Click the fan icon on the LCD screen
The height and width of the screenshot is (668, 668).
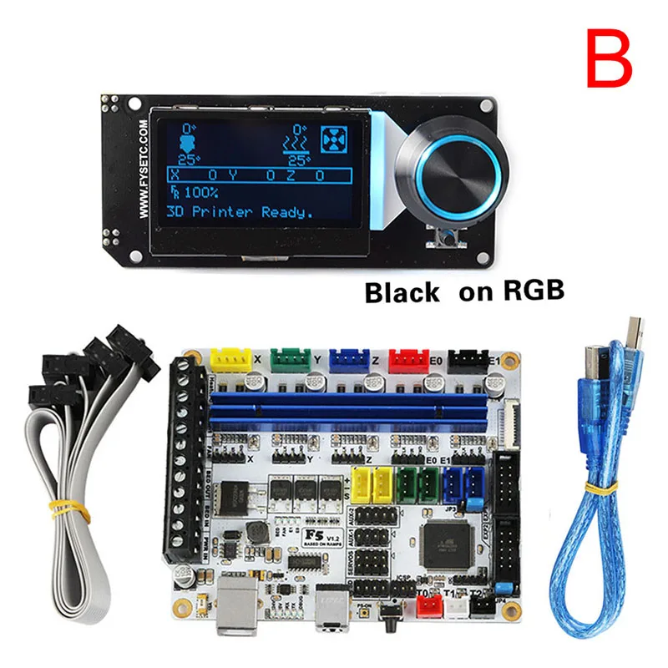(x=333, y=137)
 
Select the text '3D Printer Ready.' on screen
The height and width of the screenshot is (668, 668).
(x=240, y=212)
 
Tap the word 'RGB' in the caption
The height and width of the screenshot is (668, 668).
(x=534, y=291)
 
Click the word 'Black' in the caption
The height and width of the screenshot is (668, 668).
(x=402, y=292)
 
